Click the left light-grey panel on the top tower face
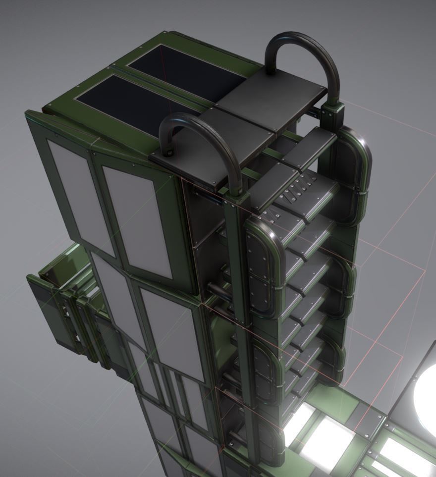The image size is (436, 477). tap(79, 193)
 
